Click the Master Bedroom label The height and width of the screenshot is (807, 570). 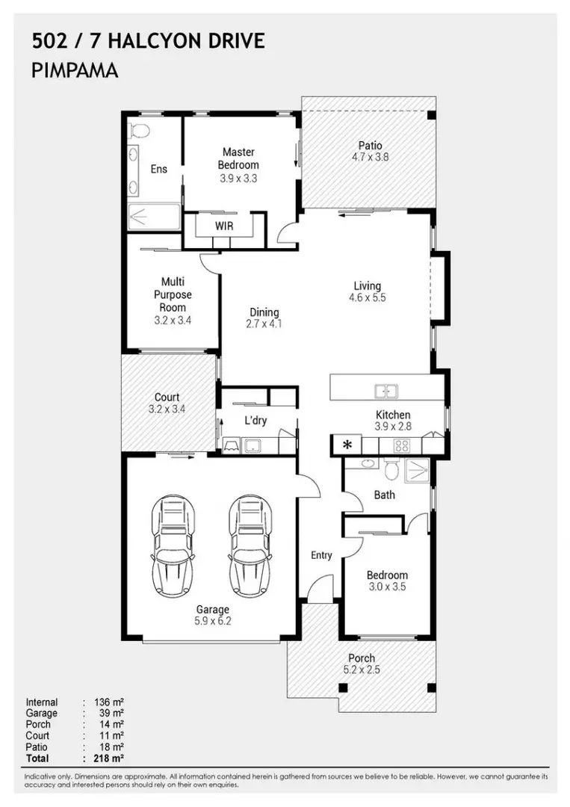(x=238, y=158)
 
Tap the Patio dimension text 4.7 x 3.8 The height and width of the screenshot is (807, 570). (x=370, y=158)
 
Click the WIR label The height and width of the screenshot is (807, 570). (x=224, y=225)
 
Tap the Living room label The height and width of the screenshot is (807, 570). (x=367, y=285)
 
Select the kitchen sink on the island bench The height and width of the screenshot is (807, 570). (x=386, y=390)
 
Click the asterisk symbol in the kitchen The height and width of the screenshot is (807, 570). (x=347, y=445)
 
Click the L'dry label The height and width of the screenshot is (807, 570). (x=255, y=421)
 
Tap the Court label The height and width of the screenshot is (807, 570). (x=167, y=398)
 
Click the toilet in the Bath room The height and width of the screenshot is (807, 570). (x=390, y=470)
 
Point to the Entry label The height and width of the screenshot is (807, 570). (x=321, y=555)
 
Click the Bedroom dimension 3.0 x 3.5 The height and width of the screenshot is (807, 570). (x=386, y=587)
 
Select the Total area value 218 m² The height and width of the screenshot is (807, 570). (x=108, y=758)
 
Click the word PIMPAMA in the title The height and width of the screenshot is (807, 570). (x=74, y=72)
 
